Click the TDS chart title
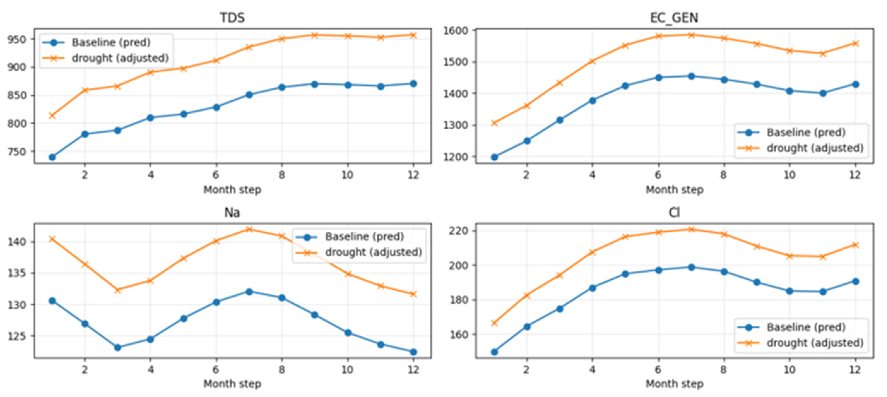(233, 17)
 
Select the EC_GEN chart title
(674, 18)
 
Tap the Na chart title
(232, 212)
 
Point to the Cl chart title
(674, 212)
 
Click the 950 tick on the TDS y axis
(17, 39)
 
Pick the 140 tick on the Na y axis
(17, 242)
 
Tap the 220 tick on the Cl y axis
(458, 230)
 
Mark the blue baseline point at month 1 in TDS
(52, 157)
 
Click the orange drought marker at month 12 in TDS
(413, 35)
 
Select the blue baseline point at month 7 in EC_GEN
(691, 76)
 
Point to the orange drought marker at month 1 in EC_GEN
(494, 123)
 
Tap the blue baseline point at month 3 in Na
(118, 347)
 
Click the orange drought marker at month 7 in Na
(249, 229)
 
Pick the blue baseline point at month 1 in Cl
(494, 352)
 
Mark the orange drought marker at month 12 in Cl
(855, 245)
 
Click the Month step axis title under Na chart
(232, 383)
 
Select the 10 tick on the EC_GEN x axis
(789, 175)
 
